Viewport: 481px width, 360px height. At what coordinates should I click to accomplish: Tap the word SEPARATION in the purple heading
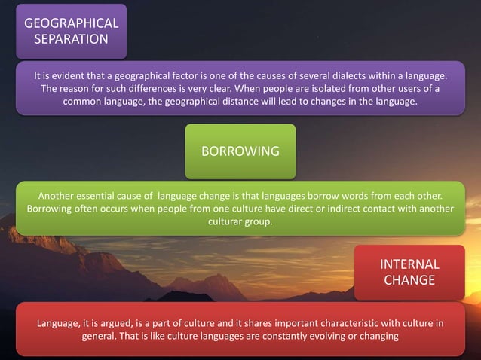pyautogui.click(x=72, y=38)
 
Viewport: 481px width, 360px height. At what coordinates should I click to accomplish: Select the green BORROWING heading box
pyautogui.click(x=240, y=151)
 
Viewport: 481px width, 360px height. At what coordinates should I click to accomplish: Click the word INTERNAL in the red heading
pyautogui.click(x=409, y=264)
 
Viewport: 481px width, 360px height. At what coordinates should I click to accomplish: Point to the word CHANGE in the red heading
pyautogui.click(x=409, y=280)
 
